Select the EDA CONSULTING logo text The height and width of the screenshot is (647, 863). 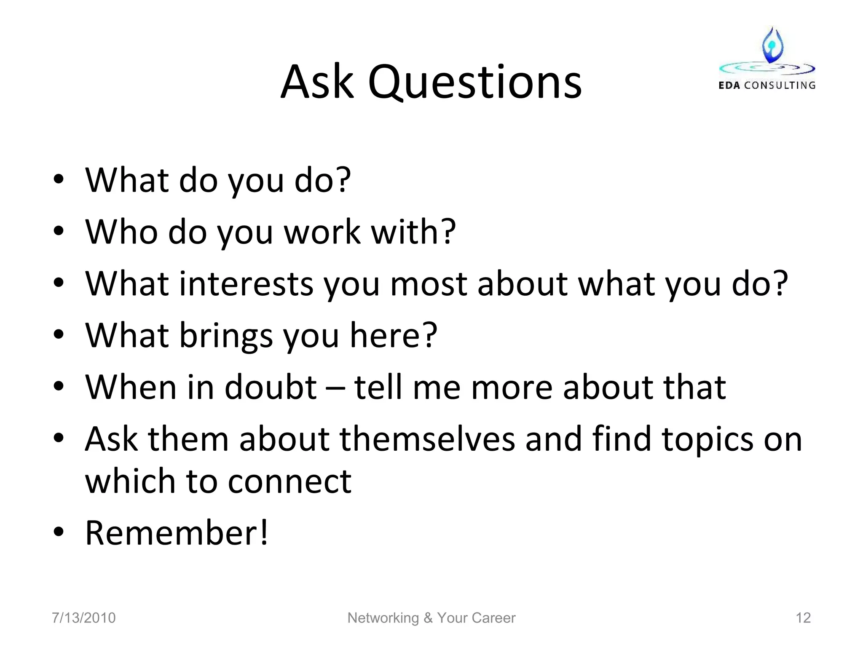pyautogui.click(x=767, y=86)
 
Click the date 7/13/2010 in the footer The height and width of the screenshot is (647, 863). pyautogui.click(x=83, y=618)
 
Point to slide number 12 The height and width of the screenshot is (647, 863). pyautogui.click(x=803, y=618)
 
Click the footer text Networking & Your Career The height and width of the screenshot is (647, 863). pyautogui.click(x=431, y=618)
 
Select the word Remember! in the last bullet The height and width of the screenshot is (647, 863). pyautogui.click(x=177, y=533)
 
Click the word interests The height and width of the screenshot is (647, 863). pyautogui.click(x=247, y=284)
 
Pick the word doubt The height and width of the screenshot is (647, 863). pyautogui.click(x=271, y=387)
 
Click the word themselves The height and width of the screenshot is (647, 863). pyautogui.click(x=427, y=439)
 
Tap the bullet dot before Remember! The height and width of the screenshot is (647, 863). pyautogui.click(x=59, y=532)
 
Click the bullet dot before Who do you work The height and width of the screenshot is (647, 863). pyautogui.click(x=59, y=231)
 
